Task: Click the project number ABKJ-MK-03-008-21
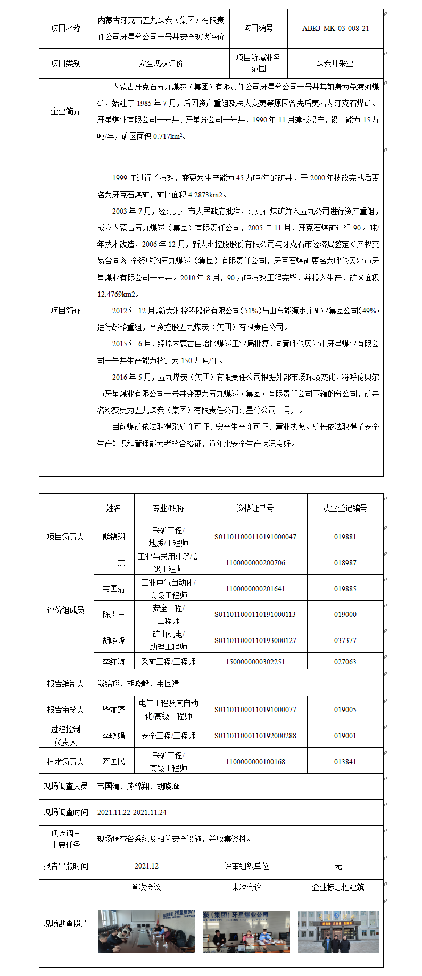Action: click(335, 29)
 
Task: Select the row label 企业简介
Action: click(66, 112)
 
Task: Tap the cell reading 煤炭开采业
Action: click(335, 63)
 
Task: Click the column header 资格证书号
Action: click(255, 508)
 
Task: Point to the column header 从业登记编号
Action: click(345, 508)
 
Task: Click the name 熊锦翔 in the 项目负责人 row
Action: click(114, 537)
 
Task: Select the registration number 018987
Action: click(345, 563)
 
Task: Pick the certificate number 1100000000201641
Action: click(255, 589)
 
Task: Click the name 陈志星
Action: click(114, 614)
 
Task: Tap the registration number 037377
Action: click(345, 640)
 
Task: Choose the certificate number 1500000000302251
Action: click(255, 662)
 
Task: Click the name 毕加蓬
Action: click(114, 710)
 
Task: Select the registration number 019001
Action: click(345, 736)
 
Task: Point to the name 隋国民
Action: click(114, 762)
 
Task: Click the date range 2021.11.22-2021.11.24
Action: click(132, 812)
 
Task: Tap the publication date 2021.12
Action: click(146, 866)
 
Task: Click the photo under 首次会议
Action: click(146, 931)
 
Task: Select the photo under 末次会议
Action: click(246, 931)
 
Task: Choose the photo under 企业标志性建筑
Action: click(338, 931)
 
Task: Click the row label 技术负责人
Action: click(66, 762)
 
